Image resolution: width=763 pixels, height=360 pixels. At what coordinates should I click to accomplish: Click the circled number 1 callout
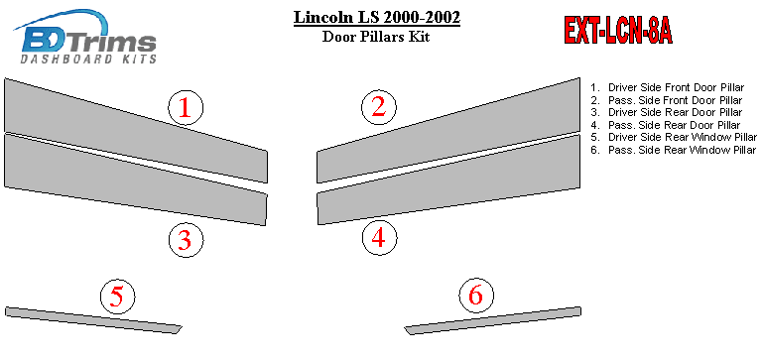point(186,108)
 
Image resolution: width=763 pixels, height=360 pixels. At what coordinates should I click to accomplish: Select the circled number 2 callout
point(379,107)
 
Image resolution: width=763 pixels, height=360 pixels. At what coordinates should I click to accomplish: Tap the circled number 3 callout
point(186,240)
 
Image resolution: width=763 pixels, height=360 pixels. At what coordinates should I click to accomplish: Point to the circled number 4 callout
point(380,238)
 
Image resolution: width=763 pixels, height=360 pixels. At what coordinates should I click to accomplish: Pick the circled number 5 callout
point(118,297)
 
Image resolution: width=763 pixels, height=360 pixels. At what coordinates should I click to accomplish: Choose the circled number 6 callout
point(476,296)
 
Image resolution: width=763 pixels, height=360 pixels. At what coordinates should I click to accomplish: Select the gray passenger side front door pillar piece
point(448,130)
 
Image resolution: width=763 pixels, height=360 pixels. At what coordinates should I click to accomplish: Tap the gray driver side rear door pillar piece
point(136,180)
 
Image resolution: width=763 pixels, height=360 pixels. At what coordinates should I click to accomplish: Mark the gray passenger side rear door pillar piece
point(448,180)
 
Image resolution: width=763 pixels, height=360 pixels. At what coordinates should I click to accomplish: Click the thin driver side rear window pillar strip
point(93,320)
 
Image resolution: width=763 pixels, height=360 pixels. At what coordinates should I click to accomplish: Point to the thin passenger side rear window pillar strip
point(492,320)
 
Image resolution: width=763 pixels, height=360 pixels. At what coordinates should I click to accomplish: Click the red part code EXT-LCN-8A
point(618,31)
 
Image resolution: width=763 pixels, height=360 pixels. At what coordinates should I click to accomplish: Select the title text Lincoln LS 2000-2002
point(377,18)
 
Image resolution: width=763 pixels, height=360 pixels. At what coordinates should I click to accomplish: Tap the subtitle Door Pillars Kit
point(376,37)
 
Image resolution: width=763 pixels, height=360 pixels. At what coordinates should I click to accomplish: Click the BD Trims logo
point(86,37)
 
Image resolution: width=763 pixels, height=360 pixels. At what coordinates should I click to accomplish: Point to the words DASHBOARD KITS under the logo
point(88,60)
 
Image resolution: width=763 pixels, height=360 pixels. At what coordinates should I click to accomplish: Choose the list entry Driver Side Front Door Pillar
point(668,87)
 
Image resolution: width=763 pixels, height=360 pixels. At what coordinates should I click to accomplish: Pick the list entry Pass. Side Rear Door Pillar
point(666,125)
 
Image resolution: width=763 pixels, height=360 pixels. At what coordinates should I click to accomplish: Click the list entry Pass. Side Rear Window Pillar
point(674,150)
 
